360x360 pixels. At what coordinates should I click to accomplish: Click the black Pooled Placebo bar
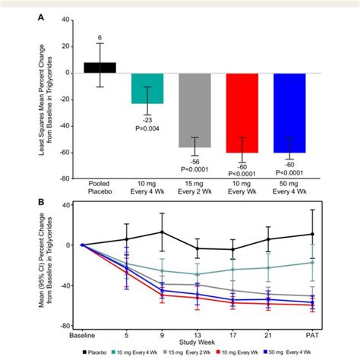pyautogui.click(x=99, y=68)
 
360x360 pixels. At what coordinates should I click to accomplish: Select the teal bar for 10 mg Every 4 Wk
pyautogui.click(x=147, y=88)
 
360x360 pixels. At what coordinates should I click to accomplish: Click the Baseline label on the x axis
pyautogui.click(x=82, y=333)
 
